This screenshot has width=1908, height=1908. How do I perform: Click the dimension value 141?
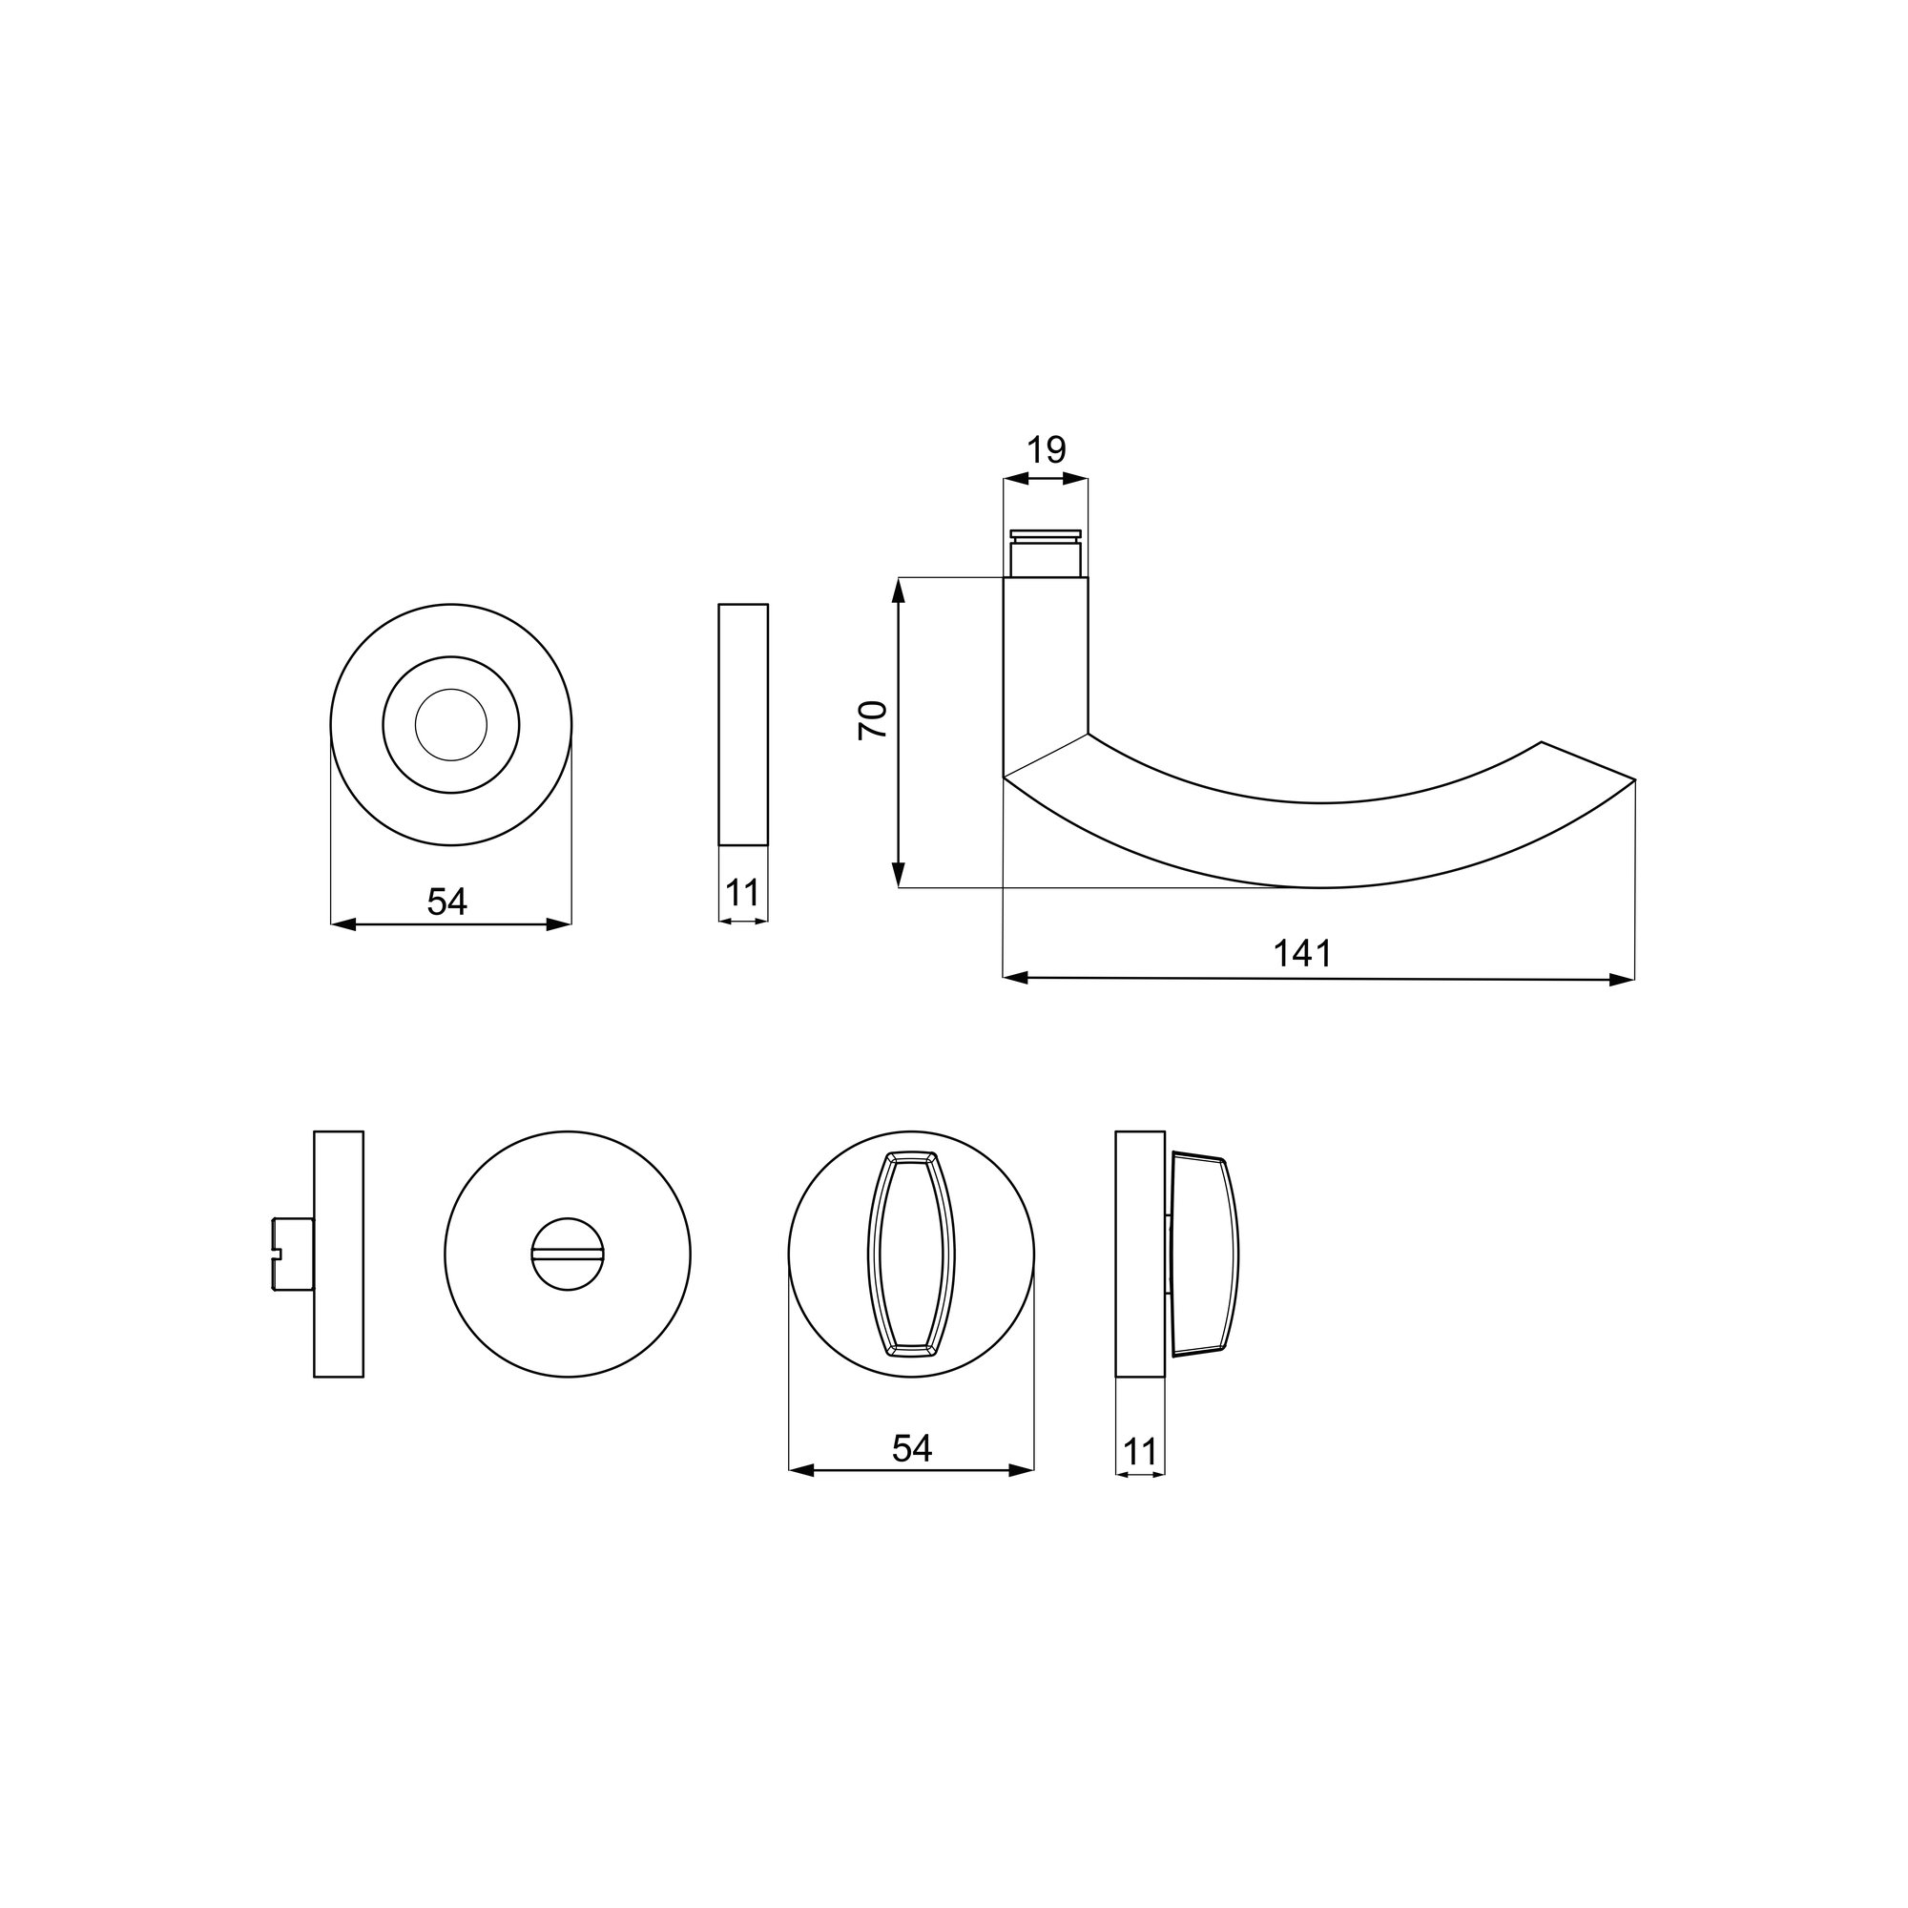(1302, 954)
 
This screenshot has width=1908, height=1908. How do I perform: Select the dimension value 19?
(1046, 450)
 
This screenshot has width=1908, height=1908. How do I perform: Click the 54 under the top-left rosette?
(447, 901)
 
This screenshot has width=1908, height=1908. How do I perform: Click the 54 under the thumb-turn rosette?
(911, 1448)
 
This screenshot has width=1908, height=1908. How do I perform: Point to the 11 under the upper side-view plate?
(742, 893)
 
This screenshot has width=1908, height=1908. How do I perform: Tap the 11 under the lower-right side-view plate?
(1140, 1453)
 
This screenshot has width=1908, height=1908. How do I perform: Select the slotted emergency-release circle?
(568, 1255)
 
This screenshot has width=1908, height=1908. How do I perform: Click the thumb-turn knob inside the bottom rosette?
(911, 1255)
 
